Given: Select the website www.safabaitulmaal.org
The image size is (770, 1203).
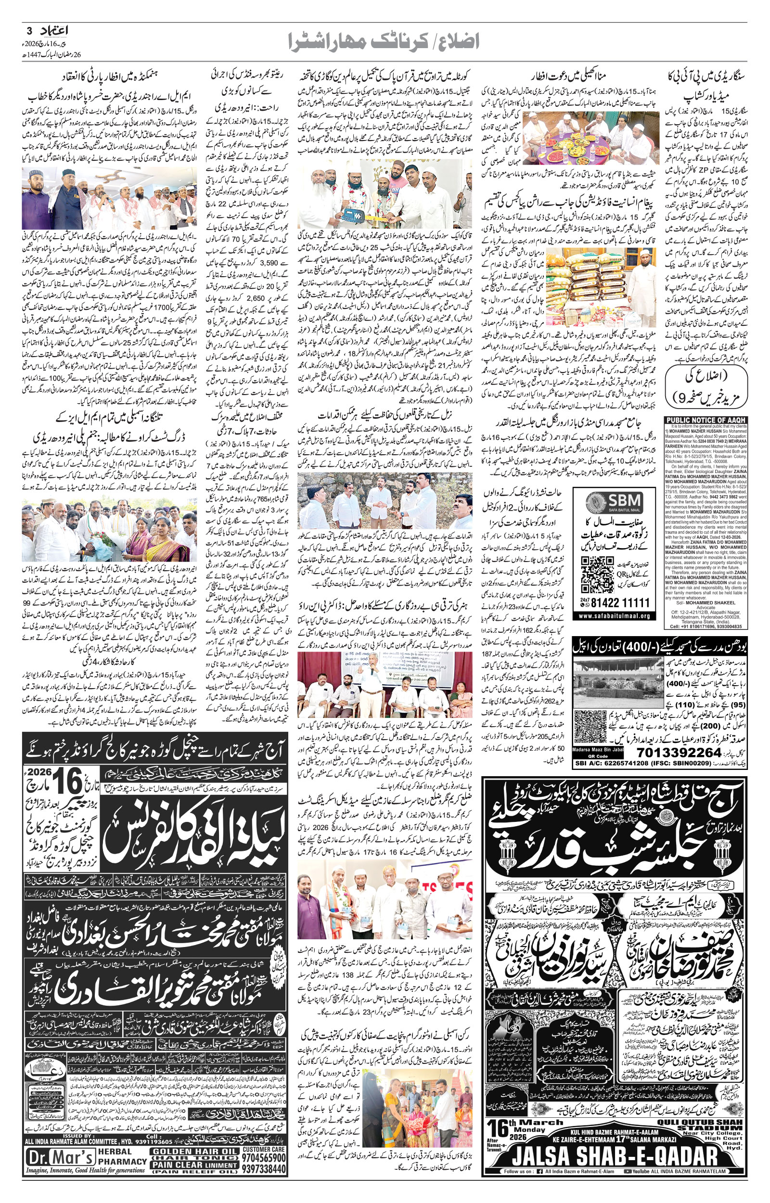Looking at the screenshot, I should click(615, 616).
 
